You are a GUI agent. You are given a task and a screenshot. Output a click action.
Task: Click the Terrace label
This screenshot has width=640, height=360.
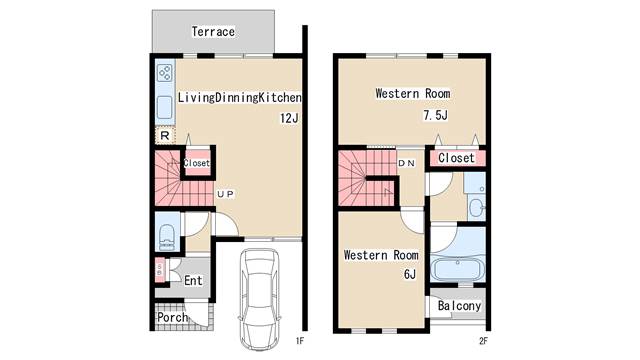pos(213,31)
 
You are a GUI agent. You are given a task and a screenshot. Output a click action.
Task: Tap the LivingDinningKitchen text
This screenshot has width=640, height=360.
pos(240,97)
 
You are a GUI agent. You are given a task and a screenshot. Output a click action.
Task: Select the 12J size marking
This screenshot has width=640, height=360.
pos(289,118)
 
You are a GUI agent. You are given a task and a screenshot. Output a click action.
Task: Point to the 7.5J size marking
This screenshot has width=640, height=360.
pos(436,115)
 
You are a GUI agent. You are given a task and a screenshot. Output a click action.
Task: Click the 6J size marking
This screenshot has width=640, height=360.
pos(410,274)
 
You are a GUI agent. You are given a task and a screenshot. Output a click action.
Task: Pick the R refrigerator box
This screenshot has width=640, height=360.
pos(165,136)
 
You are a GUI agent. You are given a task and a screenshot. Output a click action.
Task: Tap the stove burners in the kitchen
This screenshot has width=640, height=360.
pos(165,73)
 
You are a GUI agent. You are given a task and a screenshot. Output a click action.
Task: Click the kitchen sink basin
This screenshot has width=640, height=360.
pos(165,107)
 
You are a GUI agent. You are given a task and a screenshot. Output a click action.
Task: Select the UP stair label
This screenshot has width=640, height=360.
pos(225,194)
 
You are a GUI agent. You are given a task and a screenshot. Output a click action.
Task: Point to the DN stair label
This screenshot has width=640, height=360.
pos(407,163)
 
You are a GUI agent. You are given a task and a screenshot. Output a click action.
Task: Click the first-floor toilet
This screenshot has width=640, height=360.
pos(167,238)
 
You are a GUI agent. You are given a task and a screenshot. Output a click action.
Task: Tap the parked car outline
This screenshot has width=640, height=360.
pos(260,299)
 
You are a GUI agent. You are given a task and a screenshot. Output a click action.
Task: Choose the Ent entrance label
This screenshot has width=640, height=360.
pos(193,280)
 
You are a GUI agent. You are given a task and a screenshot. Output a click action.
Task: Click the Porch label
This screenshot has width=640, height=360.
pos(172,317)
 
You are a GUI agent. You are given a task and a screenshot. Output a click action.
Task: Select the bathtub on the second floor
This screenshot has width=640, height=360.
pos(458,269)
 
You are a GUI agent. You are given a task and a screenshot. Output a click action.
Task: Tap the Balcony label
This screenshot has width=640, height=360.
pos(459,306)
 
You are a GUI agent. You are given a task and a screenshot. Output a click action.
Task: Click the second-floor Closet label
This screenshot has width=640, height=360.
pos(456,158)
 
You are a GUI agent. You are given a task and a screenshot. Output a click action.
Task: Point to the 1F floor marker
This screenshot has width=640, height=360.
pos(300,341)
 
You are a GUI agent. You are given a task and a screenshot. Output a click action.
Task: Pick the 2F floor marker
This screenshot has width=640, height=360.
pos(483,341)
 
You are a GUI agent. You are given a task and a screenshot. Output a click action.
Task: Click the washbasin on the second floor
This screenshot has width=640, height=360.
pos(476,207)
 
